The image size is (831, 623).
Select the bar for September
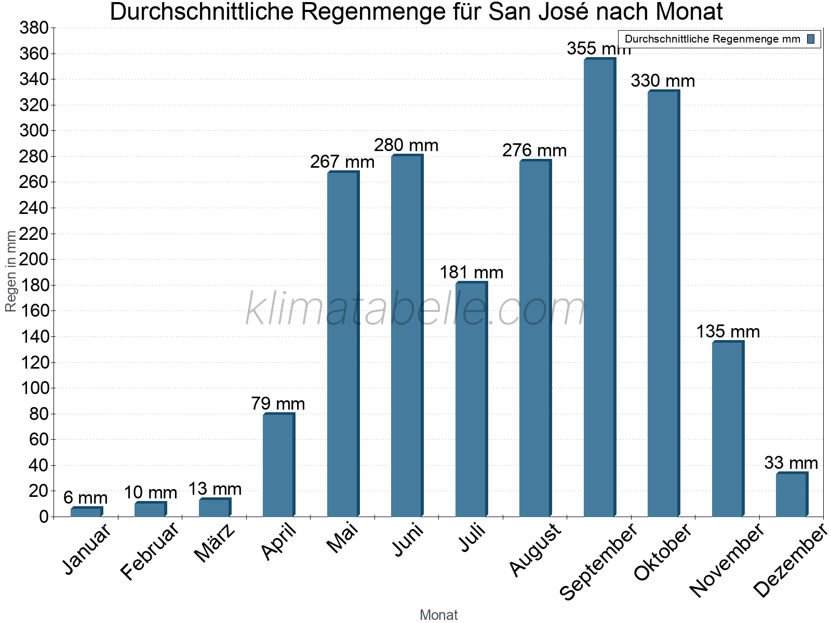click(599, 288)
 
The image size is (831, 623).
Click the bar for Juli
click(471, 400)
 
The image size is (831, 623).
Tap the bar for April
click(278, 465)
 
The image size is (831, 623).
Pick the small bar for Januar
click(86, 512)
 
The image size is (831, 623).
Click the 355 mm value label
click(598, 49)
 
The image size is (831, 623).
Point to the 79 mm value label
click(278, 404)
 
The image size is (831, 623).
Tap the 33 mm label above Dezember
click(790, 463)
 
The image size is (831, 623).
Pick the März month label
click(214, 544)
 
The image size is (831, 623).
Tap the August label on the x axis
click(535, 550)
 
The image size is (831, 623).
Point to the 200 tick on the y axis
click(34, 260)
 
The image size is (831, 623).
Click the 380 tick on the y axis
click(34, 28)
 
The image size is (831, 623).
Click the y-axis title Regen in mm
click(11, 271)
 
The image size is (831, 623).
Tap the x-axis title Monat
click(438, 615)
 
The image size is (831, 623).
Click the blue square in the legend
click(811, 39)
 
